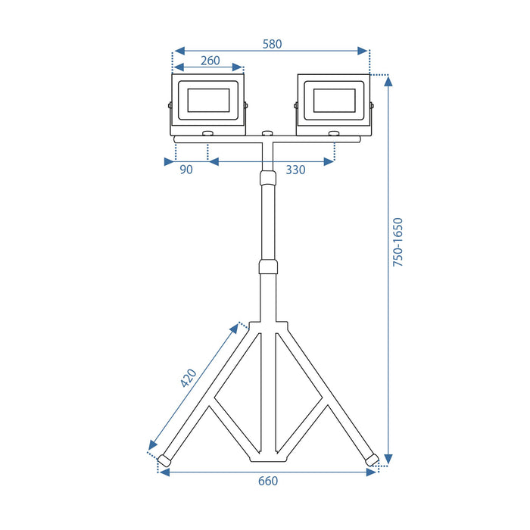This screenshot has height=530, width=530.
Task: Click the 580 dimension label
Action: [272, 44]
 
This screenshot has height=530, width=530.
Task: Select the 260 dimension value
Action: [210, 61]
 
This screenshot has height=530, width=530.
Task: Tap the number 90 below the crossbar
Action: [186, 170]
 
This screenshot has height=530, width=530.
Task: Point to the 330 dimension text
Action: [295, 170]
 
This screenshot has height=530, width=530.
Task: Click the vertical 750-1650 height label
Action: [399, 242]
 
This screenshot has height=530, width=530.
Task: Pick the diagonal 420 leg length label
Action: [189, 378]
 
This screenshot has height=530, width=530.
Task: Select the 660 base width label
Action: [268, 481]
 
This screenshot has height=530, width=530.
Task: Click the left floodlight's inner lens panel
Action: [207, 100]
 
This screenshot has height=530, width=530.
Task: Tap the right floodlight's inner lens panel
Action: [333, 100]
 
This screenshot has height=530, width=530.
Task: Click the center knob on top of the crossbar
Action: [267, 134]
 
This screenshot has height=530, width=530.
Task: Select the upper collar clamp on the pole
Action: [267, 179]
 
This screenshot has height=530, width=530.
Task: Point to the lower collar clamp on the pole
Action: [267, 267]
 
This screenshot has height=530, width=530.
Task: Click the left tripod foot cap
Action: [164, 460]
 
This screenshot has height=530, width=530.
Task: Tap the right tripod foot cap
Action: [371, 460]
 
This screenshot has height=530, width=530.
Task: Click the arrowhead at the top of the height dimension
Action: [388, 81]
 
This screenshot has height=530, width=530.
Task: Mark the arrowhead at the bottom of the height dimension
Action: [388, 459]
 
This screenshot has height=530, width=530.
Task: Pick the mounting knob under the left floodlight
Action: [207, 134]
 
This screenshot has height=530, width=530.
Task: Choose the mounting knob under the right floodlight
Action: [333, 134]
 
